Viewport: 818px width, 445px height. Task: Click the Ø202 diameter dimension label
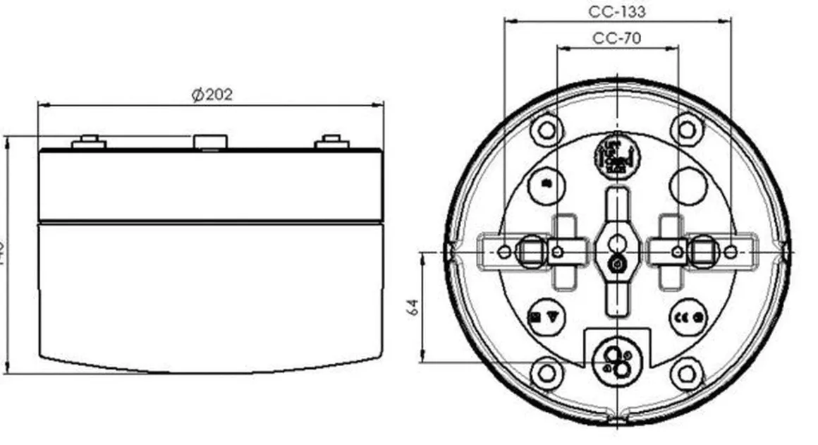point(212,95)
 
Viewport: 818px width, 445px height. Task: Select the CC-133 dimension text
point(617,11)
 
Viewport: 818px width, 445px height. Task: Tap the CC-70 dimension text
point(617,38)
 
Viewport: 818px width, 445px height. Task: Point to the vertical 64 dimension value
point(413,307)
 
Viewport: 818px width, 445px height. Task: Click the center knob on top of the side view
point(211,141)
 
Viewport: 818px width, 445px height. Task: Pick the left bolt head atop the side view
point(89,142)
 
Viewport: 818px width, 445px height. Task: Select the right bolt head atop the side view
point(331,142)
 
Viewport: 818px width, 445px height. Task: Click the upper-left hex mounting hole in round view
point(547,129)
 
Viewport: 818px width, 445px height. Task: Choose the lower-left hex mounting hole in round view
point(547,373)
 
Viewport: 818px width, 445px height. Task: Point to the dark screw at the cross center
point(617,264)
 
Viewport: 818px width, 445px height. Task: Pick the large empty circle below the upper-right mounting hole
point(688,185)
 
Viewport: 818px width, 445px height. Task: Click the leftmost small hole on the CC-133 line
point(503,251)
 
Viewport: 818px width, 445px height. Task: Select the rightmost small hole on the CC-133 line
point(731,251)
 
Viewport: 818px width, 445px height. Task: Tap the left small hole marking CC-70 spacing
point(557,251)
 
